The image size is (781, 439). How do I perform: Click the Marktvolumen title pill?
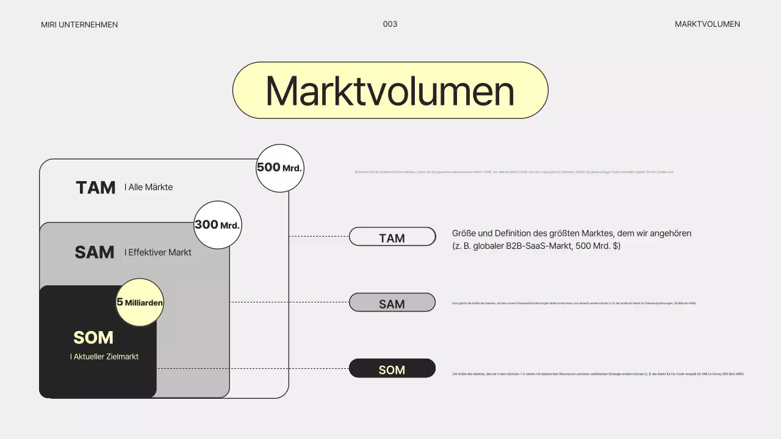390,90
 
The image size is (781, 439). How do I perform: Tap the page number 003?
390,24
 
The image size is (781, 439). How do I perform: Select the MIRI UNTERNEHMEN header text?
79,25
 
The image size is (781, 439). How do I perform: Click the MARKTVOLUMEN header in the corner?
707,24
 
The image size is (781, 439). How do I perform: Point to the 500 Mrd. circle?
279,168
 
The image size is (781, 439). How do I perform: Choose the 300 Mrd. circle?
217,225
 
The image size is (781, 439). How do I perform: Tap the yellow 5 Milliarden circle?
140,302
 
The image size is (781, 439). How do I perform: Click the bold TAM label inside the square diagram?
96,188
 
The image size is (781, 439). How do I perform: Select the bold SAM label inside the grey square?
95,252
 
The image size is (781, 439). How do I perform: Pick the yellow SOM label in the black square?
93,338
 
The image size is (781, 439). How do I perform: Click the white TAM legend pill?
392,237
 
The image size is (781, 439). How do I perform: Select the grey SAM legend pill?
392,303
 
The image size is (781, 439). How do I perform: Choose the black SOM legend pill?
392,369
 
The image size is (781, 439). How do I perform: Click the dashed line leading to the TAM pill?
319,236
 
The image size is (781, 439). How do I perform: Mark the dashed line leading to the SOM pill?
253,368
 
